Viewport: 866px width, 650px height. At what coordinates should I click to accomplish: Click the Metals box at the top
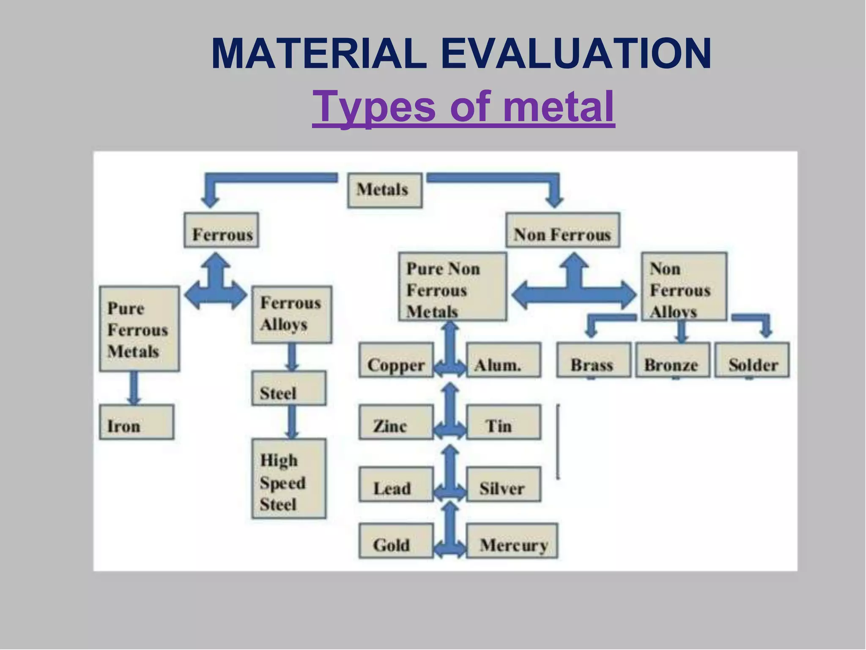pyautogui.click(x=384, y=190)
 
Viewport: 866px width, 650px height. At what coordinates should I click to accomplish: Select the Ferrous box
pyautogui.click(x=221, y=230)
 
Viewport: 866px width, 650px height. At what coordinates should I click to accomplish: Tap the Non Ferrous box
pyautogui.click(x=563, y=230)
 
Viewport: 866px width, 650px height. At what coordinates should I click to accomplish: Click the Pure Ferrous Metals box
pyautogui.click(x=139, y=329)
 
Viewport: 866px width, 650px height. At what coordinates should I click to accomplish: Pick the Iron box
pyautogui.click(x=137, y=422)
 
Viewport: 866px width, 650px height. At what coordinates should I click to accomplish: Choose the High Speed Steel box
pyautogui.click(x=289, y=479)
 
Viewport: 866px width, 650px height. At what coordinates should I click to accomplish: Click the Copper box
pyautogui.click(x=396, y=360)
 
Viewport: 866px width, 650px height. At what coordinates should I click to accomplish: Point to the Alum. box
pyautogui.click(x=503, y=360)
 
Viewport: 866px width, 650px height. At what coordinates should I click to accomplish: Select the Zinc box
pyautogui.click(x=396, y=422)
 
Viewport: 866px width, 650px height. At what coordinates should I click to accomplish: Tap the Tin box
pyautogui.click(x=503, y=422)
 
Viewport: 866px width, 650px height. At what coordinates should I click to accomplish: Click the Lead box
pyautogui.click(x=396, y=484)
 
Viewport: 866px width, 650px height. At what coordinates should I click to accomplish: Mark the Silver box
pyautogui.click(x=503, y=484)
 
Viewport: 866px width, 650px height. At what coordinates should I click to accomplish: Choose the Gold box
pyautogui.click(x=396, y=541)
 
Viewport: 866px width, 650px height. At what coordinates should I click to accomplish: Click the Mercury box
pyautogui.click(x=512, y=541)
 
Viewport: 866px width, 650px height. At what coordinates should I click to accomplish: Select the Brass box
pyautogui.click(x=594, y=360)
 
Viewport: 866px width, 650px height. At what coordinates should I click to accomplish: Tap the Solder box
pyautogui.click(x=752, y=360)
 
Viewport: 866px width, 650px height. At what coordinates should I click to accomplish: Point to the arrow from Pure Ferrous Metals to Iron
pyautogui.click(x=134, y=388)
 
